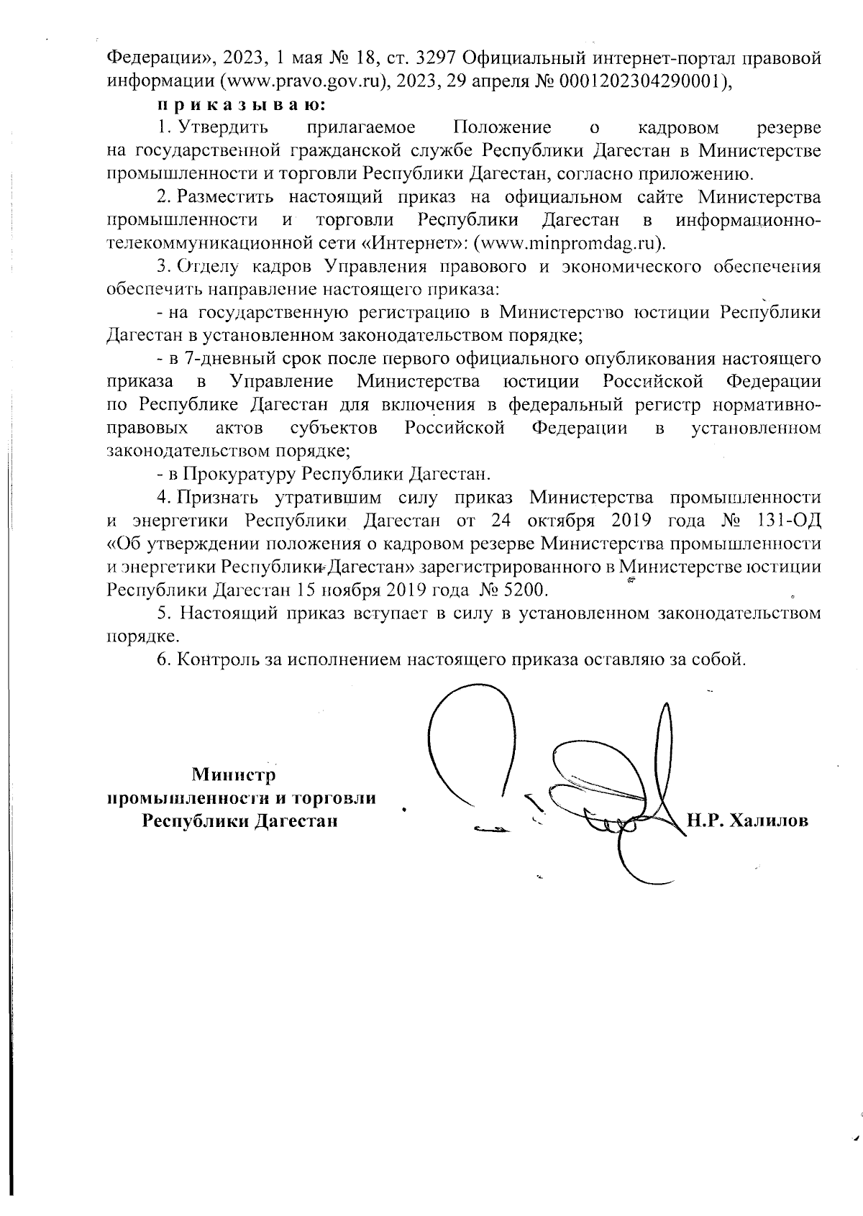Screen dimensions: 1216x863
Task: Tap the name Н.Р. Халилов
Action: [x=748, y=821]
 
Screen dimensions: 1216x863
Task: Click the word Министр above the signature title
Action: [x=234, y=775]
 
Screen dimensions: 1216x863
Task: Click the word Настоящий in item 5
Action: [x=229, y=613]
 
